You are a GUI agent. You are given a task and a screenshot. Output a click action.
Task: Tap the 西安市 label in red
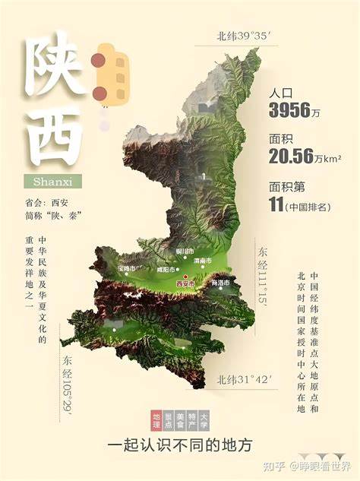(185, 284)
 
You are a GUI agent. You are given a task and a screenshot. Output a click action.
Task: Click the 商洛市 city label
(220, 283)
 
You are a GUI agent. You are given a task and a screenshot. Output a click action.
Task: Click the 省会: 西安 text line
(47, 203)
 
